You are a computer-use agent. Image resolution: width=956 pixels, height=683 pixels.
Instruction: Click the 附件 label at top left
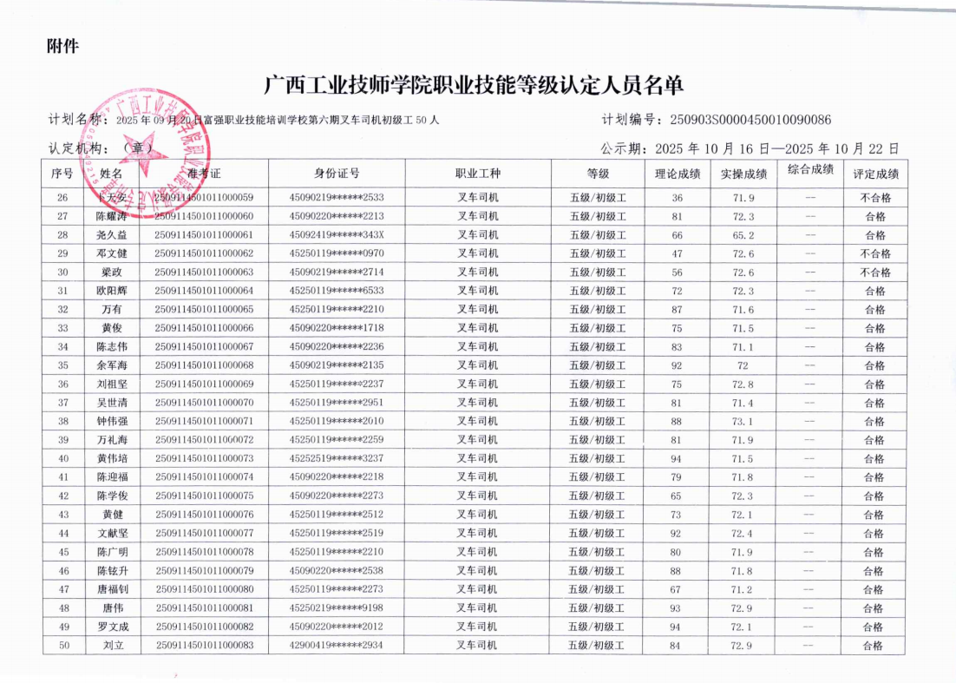(62, 46)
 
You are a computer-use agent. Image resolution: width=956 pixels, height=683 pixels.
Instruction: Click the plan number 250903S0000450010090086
(745, 120)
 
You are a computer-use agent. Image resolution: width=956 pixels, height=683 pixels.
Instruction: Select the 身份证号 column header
(337, 174)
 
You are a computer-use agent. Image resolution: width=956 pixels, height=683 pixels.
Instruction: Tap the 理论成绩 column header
(677, 174)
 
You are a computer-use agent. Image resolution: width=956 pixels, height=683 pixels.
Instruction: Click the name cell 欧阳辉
(113, 291)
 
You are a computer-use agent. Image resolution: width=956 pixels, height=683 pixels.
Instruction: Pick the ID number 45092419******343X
(337, 235)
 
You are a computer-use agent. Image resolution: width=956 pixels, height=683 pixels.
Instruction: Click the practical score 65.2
(743, 235)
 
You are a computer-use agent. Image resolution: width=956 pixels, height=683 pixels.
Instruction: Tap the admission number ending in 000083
(204, 646)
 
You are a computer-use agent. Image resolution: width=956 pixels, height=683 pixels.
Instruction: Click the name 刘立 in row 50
(113, 646)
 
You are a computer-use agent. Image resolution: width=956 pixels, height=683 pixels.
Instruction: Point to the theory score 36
(677, 198)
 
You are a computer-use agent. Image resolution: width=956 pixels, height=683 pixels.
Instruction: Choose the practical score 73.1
(743, 421)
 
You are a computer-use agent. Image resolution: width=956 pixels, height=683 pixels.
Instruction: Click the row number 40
(63, 458)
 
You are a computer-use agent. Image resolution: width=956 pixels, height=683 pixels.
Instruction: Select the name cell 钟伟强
(113, 421)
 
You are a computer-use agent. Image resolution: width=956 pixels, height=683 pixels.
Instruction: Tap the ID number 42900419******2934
(337, 646)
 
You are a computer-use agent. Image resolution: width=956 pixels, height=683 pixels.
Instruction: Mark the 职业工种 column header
(478, 174)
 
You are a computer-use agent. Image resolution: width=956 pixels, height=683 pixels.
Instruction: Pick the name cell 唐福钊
(113, 589)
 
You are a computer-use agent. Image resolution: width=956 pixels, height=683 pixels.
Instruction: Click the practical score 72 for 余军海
(743, 365)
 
